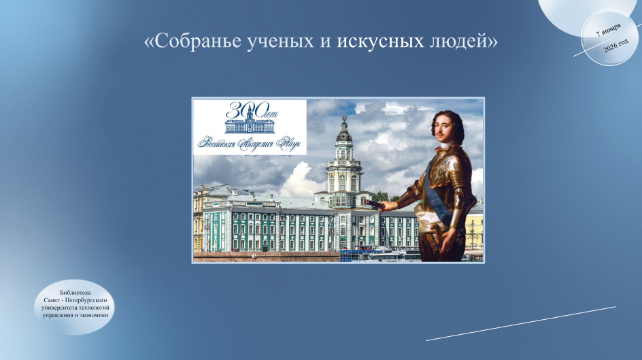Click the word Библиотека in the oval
(75, 293)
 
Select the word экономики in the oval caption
(94, 315)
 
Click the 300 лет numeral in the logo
(250, 110)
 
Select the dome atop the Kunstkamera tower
(344, 135)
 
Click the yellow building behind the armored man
(474, 229)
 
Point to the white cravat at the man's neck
(446, 146)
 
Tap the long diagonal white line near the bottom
(521, 323)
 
